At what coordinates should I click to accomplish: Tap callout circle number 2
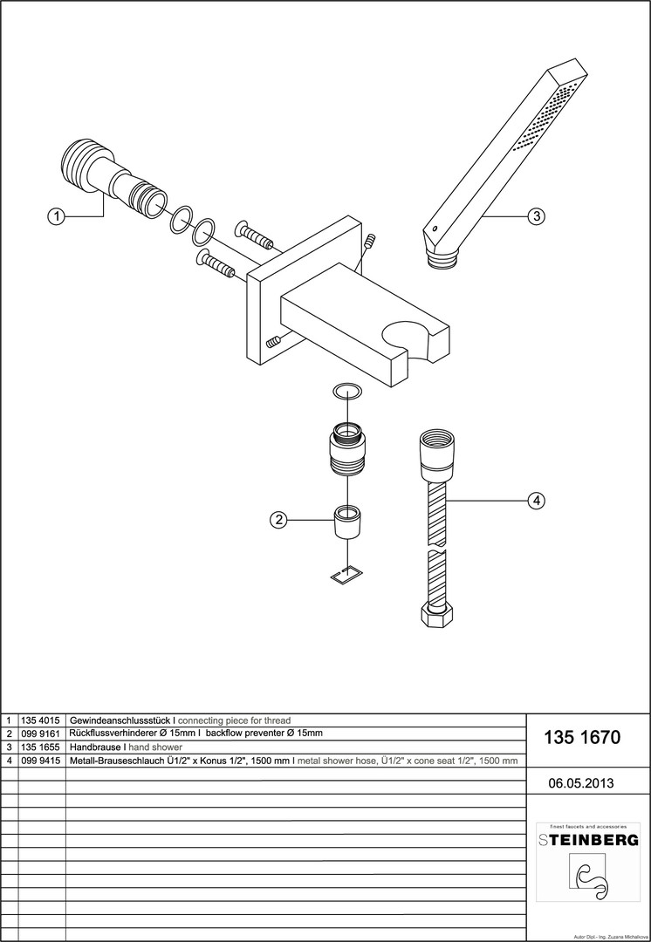278,520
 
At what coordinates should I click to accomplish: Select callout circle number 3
536,217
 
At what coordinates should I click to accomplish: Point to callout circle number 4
536,501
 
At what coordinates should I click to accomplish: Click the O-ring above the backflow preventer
348,392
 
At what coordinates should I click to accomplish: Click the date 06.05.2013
581,783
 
